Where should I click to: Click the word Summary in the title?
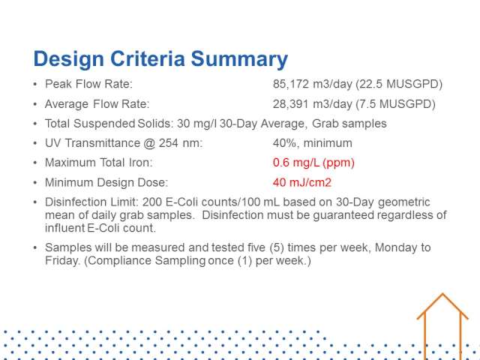(x=239, y=58)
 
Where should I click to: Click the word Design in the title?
(x=68, y=58)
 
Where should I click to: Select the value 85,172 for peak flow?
(x=291, y=84)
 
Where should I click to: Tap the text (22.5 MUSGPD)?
(x=399, y=84)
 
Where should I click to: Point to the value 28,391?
(x=290, y=104)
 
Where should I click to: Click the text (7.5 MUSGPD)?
(x=395, y=104)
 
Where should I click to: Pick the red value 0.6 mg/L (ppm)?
(x=313, y=163)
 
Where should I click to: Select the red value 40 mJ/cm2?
(x=301, y=182)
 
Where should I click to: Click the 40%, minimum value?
(x=312, y=143)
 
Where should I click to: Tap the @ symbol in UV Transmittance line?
(x=148, y=143)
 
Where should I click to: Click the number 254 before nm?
(x=168, y=143)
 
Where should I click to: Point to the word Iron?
(x=140, y=163)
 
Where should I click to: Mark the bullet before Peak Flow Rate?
(x=35, y=84)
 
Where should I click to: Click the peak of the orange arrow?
(x=442, y=294)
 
